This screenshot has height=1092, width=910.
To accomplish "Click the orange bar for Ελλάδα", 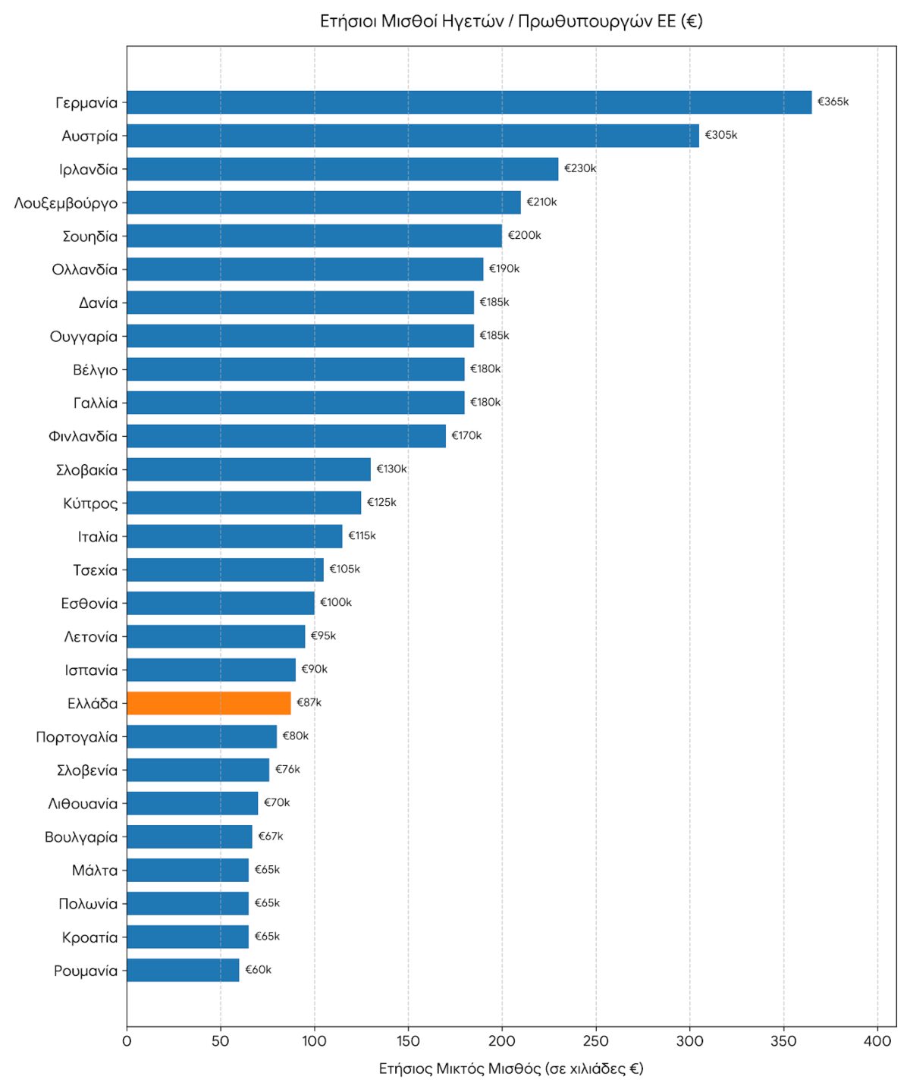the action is click(209, 703).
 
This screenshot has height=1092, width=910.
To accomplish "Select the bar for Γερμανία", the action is click(469, 102).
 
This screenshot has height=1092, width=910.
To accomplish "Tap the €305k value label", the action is click(720, 135).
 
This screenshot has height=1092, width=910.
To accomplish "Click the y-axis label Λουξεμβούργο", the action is click(66, 203).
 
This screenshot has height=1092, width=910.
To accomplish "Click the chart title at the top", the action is click(511, 21).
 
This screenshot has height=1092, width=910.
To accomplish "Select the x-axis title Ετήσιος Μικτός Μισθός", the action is click(511, 1068).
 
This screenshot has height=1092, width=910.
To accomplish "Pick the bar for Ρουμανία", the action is click(183, 970).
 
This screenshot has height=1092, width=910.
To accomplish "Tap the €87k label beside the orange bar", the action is click(309, 702).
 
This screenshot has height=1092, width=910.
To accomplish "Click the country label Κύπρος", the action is click(90, 503).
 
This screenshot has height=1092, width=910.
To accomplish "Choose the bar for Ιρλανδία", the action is click(343, 169).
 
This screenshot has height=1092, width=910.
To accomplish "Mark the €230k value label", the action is click(580, 168).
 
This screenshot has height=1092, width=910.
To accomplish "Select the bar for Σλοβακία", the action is click(249, 469).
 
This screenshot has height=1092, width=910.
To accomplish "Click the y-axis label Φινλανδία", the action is click(83, 436).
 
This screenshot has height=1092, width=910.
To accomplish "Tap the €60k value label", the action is click(258, 970).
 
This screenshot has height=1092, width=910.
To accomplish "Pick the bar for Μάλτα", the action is click(188, 870).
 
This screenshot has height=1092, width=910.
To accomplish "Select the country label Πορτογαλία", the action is click(77, 737).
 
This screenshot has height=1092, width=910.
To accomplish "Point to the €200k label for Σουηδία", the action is click(524, 235).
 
